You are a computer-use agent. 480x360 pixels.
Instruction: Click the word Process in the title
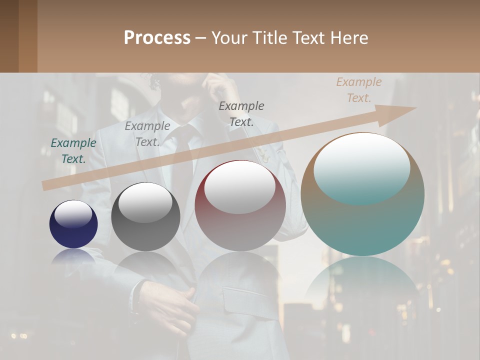point(157,38)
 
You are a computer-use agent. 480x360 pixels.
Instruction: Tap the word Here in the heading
point(349,38)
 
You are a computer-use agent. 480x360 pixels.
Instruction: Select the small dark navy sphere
point(73,225)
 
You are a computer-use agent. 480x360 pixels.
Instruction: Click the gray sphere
point(145,218)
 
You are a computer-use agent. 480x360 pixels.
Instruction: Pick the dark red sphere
point(240,206)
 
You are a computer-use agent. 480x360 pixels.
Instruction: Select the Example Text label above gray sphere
point(147,134)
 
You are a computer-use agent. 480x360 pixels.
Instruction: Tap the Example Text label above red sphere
point(241,113)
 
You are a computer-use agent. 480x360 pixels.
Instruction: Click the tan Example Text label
point(359,90)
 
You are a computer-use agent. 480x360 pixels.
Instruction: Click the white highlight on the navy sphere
point(73,214)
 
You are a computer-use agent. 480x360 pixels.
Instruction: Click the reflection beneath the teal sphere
point(362,285)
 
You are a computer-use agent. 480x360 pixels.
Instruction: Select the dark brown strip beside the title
point(18,36)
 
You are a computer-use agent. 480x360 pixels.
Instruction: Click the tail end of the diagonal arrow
point(46,185)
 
